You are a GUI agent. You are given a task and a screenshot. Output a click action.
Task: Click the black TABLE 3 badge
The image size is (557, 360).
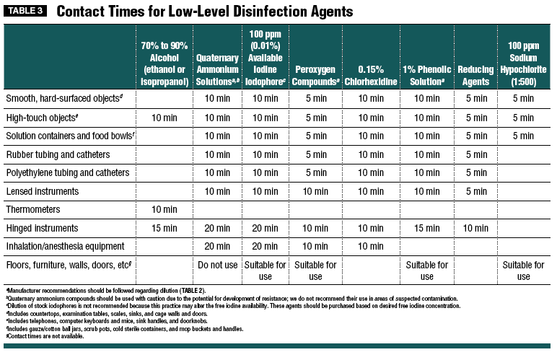point(25,11)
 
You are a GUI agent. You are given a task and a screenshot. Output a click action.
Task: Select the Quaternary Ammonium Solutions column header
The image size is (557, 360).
point(217,69)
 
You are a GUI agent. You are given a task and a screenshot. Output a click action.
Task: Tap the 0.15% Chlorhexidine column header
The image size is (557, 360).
point(371,76)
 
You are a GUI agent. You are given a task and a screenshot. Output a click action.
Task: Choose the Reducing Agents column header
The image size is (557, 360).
point(475,76)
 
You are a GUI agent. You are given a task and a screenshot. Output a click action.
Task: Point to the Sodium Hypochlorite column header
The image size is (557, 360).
point(523,63)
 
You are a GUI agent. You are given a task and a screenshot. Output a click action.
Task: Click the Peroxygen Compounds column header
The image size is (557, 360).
point(315,76)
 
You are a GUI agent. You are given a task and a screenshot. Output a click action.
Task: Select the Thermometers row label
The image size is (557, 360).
point(33,209)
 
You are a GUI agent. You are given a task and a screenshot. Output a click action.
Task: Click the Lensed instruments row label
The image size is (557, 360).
point(43,191)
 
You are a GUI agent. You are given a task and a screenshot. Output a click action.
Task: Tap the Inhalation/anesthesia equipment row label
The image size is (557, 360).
point(66,246)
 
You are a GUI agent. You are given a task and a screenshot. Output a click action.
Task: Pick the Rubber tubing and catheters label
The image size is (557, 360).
point(58,155)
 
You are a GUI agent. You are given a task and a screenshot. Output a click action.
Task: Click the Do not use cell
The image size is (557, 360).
point(217,265)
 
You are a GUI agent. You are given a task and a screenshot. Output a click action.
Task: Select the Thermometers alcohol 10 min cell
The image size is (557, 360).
point(164,209)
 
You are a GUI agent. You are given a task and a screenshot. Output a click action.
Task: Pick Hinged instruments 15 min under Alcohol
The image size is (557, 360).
point(164,228)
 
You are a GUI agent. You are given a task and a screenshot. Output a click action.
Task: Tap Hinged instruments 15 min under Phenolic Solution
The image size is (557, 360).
point(426,228)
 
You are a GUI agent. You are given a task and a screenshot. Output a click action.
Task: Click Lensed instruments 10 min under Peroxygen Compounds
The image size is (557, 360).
point(315,191)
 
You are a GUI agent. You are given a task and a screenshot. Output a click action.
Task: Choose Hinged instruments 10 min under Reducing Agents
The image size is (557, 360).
point(475,228)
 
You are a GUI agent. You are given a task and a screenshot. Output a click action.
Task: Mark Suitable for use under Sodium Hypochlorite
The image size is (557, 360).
point(523,271)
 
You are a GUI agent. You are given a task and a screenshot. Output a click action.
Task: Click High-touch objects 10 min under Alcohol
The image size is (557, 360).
point(164,118)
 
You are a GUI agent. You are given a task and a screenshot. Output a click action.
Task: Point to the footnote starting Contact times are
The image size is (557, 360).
point(45,336)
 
